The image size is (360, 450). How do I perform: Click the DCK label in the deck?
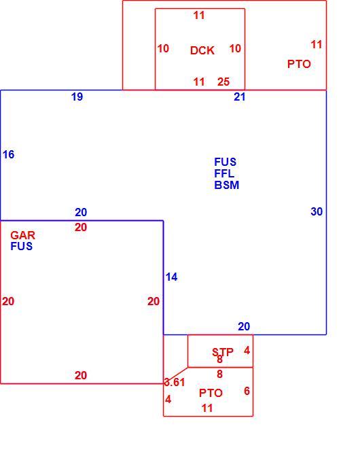pos(202,50)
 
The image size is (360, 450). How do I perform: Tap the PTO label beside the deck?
pos(299,64)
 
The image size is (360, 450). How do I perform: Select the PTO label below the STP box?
pos(211,393)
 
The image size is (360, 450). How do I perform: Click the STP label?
pos(223,352)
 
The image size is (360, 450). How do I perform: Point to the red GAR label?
pos(22,235)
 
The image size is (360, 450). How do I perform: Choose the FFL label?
pos(224,173)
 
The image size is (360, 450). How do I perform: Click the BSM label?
pos(227,185)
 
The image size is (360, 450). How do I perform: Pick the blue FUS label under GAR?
pos(22,246)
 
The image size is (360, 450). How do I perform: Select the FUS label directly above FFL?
pos(226,162)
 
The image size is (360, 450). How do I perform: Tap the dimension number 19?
pos(77,97)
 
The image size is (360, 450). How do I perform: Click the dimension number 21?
pos(240,97)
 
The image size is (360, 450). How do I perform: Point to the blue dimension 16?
pos(9,155)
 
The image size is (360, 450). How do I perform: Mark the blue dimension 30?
pos(317,211)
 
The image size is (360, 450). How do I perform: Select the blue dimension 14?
pos(172,277)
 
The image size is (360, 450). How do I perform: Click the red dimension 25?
pos(223,82)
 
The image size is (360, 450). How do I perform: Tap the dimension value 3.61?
pos(175,382)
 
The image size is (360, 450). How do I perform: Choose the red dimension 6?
pos(247,391)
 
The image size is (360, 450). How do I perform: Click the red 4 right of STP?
pos(247,350)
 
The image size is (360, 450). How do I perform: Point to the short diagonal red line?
pos(175,375)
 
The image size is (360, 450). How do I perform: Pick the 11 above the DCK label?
pos(199,15)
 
